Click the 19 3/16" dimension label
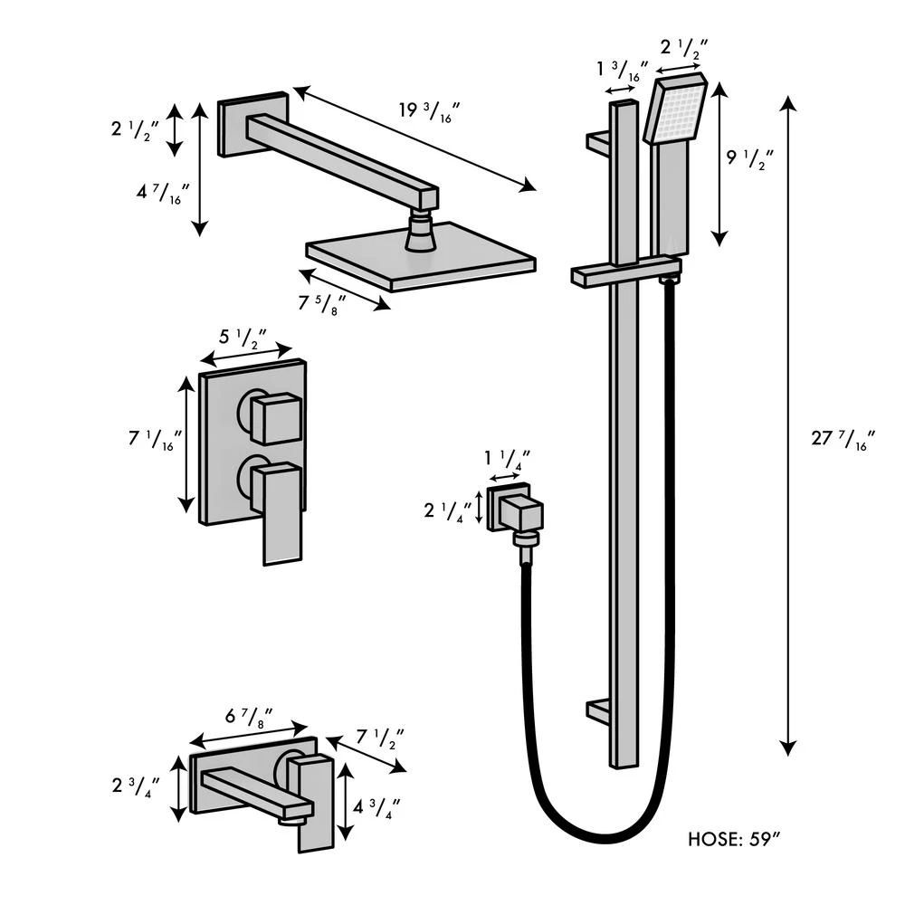click(430, 111)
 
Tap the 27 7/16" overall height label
click(843, 441)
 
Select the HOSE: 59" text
click(733, 839)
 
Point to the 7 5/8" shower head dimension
click(324, 302)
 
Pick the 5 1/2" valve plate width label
click(242, 338)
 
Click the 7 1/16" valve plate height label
click(156, 441)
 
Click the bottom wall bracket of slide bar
click(599, 711)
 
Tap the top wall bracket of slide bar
click(599, 142)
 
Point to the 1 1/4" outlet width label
click(507, 458)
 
